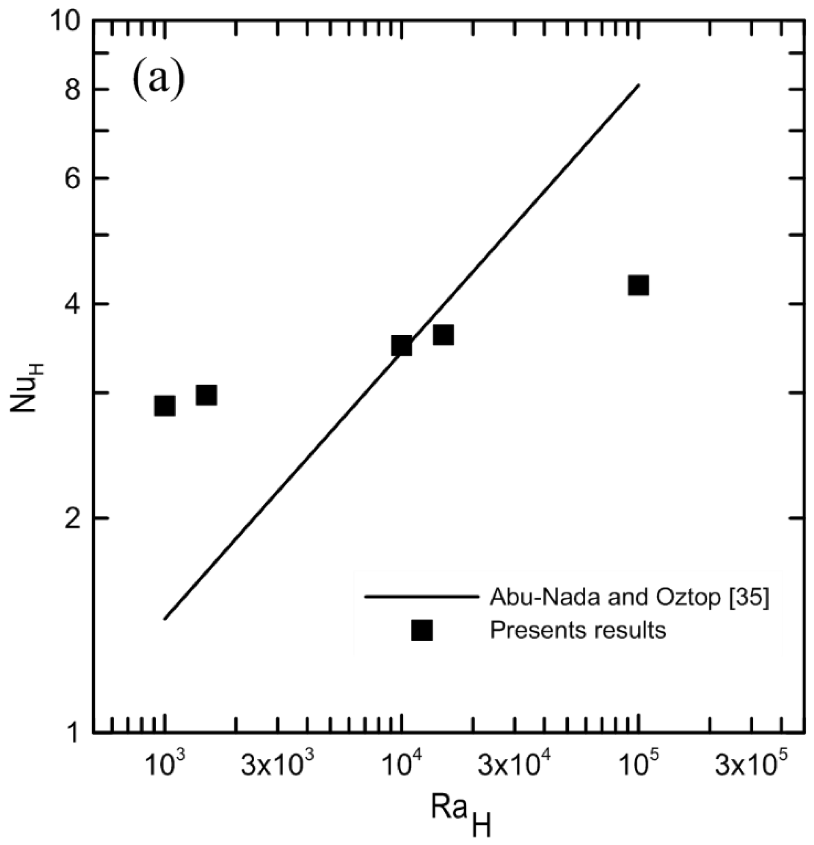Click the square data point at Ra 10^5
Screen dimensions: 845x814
click(x=638, y=285)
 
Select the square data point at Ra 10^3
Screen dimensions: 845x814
click(x=165, y=406)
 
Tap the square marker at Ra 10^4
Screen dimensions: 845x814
click(x=402, y=345)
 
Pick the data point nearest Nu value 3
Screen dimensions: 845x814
click(x=206, y=395)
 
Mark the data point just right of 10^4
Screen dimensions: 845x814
click(x=443, y=335)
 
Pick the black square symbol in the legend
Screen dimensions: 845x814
click(x=422, y=630)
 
